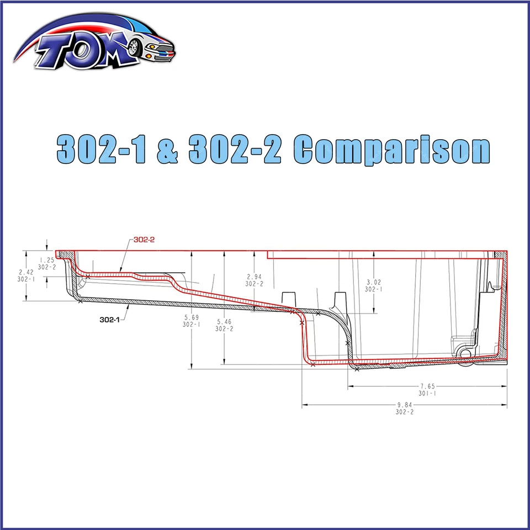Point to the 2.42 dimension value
click(26, 272)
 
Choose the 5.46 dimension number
click(224, 322)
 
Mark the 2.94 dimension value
click(253, 277)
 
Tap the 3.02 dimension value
click(374, 282)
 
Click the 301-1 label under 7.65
click(428, 394)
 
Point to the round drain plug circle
click(465, 352)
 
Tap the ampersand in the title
click(168, 149)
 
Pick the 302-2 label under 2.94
click(253, 284)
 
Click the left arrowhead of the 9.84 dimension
click(304, 405)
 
